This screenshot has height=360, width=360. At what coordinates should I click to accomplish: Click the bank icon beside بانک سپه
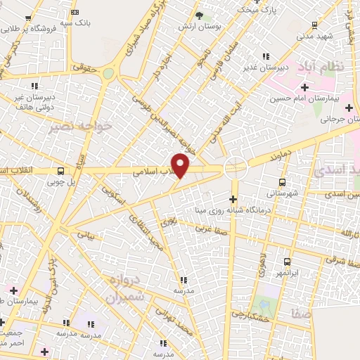click(x=76, y=11)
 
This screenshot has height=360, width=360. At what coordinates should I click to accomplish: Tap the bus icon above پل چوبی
click(x=61, y=171)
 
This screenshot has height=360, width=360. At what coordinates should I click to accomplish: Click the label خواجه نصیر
click(x=70, y=129)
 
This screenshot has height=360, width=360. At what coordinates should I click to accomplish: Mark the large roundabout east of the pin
click(x=235, y=168)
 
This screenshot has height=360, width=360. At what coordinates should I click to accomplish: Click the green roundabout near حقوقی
click(x=108, y=73)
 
